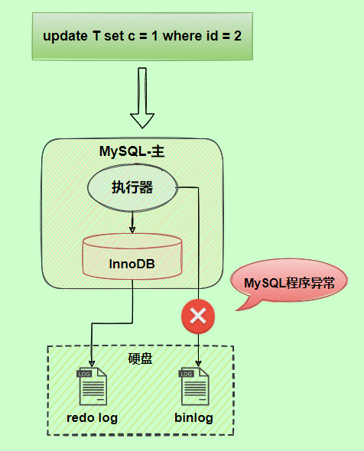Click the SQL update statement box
click(x=142, y=36)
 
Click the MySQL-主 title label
click(x=132, y=151)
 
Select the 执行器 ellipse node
click(x=132, y=187)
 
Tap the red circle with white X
click(x=198, y=316)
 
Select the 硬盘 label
click(x=140, y=358)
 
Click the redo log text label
click(x=93, y=418)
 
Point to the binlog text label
click(x=193, y=418)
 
